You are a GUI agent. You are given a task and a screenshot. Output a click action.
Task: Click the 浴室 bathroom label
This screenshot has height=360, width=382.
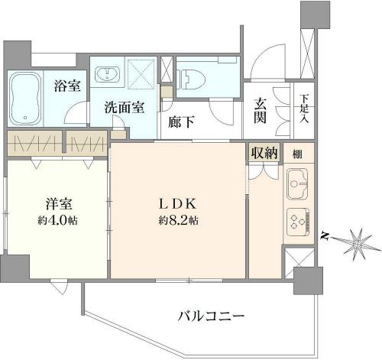coord(67,86)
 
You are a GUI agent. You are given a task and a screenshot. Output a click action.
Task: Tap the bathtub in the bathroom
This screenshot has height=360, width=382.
coord(25,99)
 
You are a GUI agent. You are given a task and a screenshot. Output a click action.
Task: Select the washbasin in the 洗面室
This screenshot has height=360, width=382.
coord(107,74)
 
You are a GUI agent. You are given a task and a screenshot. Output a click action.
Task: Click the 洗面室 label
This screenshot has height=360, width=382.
coord(125,108)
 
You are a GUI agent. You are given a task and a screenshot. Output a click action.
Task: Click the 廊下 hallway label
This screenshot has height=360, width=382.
coord(181,122)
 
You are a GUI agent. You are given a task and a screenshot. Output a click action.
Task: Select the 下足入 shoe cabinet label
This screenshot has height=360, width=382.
coord(304,109)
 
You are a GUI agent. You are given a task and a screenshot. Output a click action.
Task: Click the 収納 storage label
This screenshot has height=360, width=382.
coord(264,153)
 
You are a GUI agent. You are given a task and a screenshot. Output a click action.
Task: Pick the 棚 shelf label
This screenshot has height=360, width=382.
coord(297,154)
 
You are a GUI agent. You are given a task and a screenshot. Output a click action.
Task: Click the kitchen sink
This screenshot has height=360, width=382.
coord(297,184)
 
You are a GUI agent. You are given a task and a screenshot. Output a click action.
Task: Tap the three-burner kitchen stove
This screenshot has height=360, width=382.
coord(298,222)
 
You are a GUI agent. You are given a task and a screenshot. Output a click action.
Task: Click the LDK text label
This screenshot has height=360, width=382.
coord(178,204)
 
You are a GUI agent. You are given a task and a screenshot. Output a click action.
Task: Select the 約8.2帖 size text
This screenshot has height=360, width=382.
coord(179,220)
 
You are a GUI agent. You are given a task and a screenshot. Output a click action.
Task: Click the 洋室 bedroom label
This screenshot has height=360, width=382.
coord(59,204)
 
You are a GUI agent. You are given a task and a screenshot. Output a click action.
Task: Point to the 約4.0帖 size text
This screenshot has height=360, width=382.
coord(58,220)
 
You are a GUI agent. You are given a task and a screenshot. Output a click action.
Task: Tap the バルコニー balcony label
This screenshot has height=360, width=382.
coord(211,316)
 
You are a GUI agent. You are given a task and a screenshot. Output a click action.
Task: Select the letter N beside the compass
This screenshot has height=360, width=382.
coord(324,236)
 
